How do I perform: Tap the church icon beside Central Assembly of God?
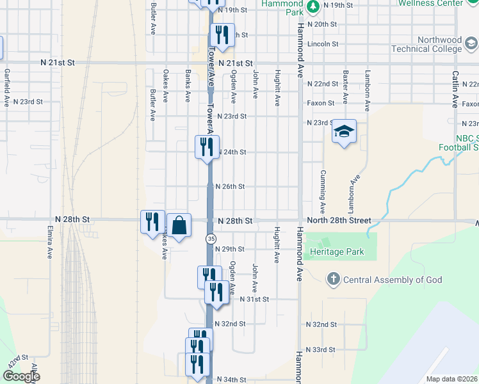point(332,279)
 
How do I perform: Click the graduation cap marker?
point(344,132)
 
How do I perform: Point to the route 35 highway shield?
point(210,238)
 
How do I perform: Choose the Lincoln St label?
point(322,44)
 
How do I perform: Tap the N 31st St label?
point(255,299)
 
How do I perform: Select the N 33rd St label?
point(321,349)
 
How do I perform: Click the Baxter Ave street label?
point(345,87)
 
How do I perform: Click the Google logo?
point(20,376)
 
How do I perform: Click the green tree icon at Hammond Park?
point(313,8)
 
